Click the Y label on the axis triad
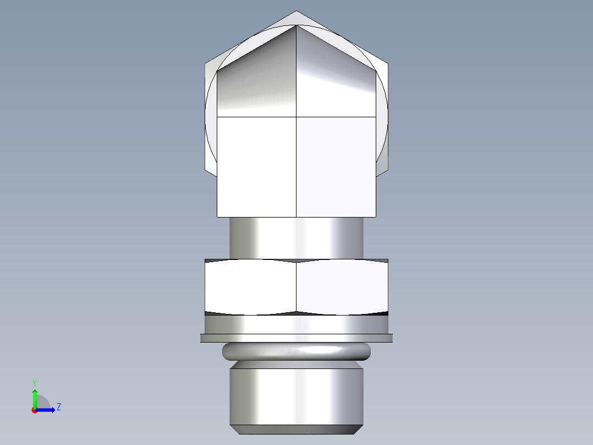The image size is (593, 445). point(34,382)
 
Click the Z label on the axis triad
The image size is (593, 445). point(58,407)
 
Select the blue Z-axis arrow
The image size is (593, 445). point(47,409)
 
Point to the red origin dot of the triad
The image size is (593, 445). point(34,410)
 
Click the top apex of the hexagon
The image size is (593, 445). point(296,13)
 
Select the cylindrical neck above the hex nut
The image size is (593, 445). point(296,237)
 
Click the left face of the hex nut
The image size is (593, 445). point(250,287)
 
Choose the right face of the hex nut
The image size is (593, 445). point(342,287)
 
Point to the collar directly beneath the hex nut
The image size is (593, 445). point(296,324)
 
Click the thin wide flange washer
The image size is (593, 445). point(296,338)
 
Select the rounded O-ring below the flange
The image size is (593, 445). point(296,351)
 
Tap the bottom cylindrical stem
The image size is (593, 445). point(296,394)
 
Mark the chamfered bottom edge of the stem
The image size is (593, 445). point(296,429)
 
